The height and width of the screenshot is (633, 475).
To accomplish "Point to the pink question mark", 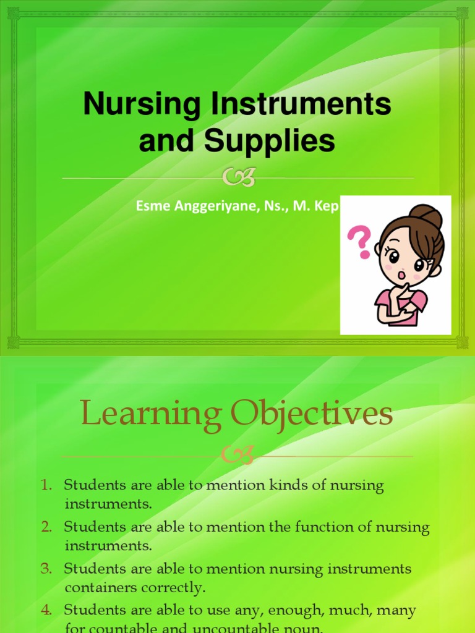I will click(x=360, y=242).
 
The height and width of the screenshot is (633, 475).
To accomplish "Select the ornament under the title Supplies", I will click(x=238, y=179).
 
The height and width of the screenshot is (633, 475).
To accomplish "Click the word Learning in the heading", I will click(x=151, y=415).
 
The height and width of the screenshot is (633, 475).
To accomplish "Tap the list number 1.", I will click(x=47, y=486).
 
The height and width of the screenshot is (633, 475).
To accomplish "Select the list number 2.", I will click(x=47, y=527).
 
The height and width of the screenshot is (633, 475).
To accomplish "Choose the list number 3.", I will click(x=47, y=569).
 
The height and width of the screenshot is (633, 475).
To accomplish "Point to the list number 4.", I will click(x=47, y=610).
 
